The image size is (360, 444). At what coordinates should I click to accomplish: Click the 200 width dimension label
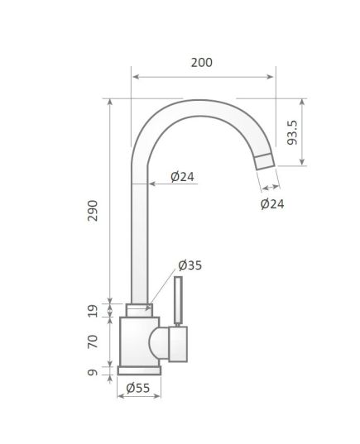[x=202, y=63]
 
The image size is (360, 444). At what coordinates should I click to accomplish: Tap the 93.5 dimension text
[x=292, y=132]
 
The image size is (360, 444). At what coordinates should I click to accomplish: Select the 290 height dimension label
[x=93, y=211]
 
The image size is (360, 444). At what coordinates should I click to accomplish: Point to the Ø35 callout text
[x=190, y=265]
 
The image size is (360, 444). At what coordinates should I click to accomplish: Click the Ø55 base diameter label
[x=138, y=388]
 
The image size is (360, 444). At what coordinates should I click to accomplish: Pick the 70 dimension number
[x=93, y=341]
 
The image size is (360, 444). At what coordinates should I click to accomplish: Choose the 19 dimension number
[x=93, y=311]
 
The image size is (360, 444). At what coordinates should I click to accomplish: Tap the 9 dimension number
[x=93, y=372]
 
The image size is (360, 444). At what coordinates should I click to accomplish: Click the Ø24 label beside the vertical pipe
[x=183, y=177]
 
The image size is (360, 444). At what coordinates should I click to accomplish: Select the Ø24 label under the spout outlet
[x=272, y=204]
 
